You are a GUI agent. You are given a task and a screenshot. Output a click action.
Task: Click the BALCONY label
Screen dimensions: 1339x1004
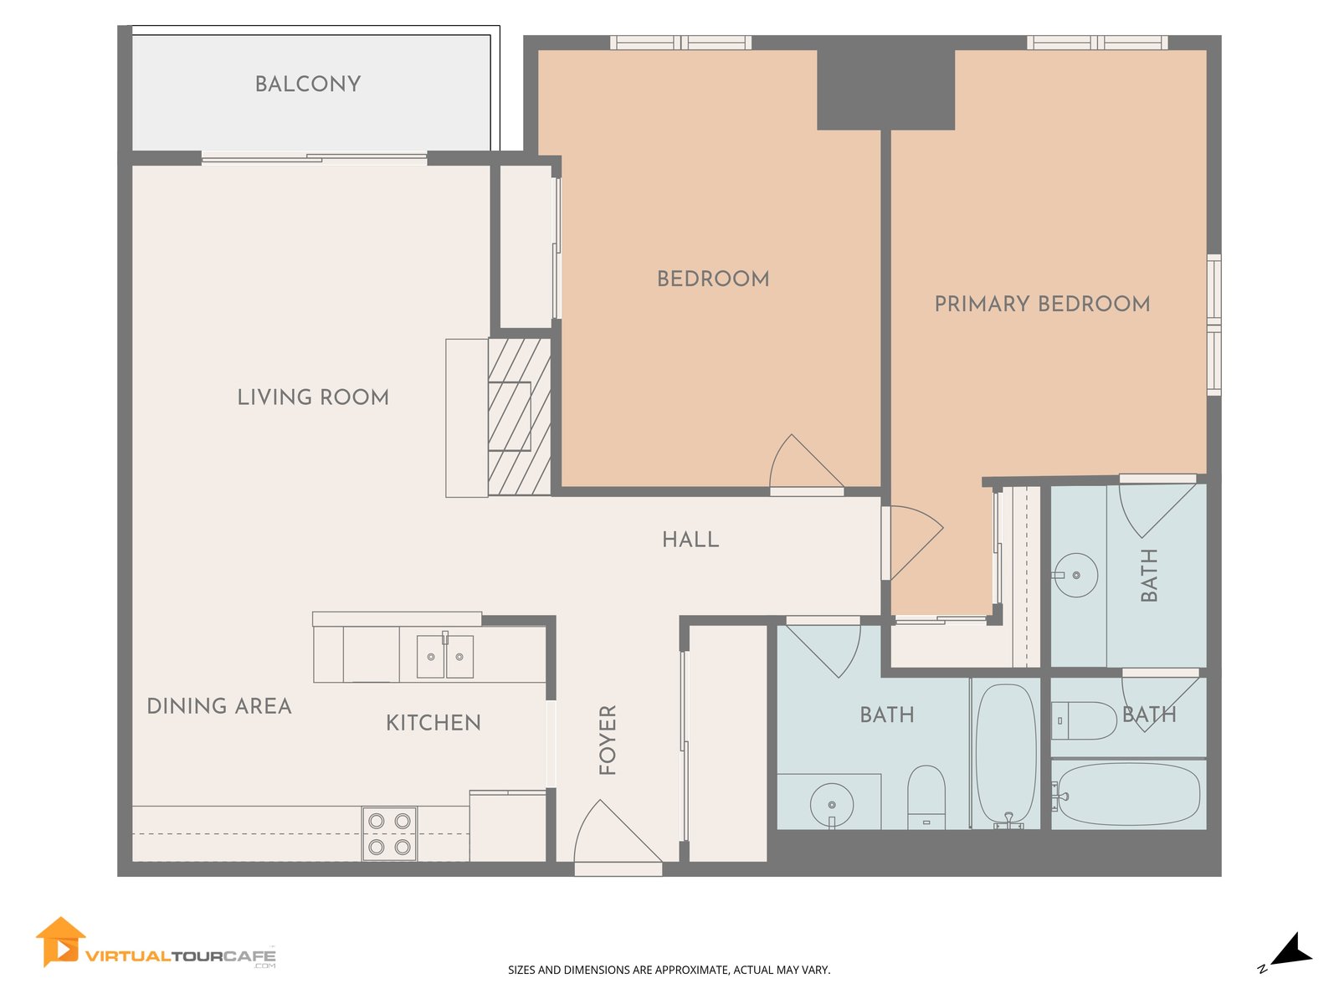point(307,85)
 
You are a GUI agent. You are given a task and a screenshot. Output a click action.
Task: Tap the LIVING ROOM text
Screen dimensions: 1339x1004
point(313,397)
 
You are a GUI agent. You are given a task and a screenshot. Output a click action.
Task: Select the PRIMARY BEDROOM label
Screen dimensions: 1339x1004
point(1042,304)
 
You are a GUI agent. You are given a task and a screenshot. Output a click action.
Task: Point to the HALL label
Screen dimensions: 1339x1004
point(690,540)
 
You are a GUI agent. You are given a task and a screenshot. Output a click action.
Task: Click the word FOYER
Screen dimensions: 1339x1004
point(608,740)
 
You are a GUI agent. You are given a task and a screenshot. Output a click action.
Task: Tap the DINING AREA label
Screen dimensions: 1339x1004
point(219,706)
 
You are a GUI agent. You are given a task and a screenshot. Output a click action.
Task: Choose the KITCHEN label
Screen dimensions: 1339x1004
point(434,723)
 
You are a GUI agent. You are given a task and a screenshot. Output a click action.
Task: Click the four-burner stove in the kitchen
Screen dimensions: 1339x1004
point(389,834)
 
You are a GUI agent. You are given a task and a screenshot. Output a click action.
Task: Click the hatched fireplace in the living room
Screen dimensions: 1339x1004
point(519,417)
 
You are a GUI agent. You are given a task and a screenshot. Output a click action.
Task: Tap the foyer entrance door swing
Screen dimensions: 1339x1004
point(618,831)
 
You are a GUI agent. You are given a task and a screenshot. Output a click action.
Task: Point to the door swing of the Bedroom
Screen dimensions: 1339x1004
point(807,462)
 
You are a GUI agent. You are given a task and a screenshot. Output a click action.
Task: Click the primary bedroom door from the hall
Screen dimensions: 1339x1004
point(916,542)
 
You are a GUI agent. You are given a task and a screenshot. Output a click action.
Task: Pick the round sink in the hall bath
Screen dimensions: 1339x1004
point(832,805)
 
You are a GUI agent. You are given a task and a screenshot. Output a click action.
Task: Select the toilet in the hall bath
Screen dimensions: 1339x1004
point(926,797)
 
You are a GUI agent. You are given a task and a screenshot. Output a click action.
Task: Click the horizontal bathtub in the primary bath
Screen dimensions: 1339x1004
point(1129,794)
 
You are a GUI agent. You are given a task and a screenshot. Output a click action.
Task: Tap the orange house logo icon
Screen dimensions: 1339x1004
point(59,942)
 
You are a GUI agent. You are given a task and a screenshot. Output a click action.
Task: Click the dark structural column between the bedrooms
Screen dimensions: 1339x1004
point(885,90)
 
